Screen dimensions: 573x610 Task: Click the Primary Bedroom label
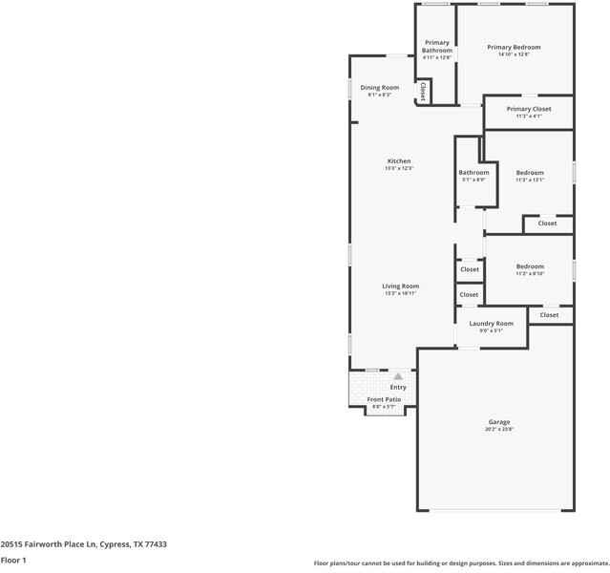[514, 47]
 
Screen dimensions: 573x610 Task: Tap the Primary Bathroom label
[437, 46]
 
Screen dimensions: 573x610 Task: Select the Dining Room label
[380, 88]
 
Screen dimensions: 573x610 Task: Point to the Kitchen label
[399, 161]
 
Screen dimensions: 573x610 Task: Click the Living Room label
[401, 286]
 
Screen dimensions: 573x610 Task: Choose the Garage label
[499, 421]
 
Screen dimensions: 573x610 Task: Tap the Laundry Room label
[492, 324]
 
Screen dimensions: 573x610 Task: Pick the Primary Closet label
[529, 109]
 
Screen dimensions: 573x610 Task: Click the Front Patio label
[384, 399]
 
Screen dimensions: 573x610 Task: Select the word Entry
[398, 387]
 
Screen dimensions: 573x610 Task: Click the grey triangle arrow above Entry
[398, 376]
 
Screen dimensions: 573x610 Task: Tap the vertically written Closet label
[422, 92]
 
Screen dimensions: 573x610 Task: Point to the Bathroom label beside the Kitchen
[473, 173]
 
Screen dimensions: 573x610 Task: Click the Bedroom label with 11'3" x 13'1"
[530, 173]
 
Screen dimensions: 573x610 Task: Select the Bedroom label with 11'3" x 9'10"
[530, 266]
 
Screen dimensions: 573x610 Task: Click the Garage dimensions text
[499, 429]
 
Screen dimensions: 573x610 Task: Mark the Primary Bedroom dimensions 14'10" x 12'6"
[514, 54]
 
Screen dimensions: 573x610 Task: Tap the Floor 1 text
[13, 560]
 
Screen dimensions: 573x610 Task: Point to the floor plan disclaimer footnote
[461, 563]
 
